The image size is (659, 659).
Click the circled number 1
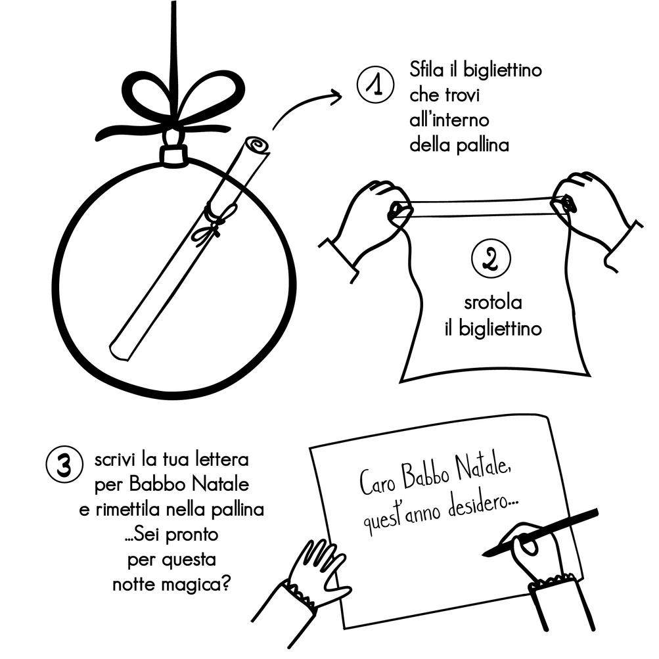(375, 86)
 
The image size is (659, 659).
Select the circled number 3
(64, 464)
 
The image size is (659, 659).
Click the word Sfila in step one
(428, 70)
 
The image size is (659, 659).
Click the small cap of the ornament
(174, 154)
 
